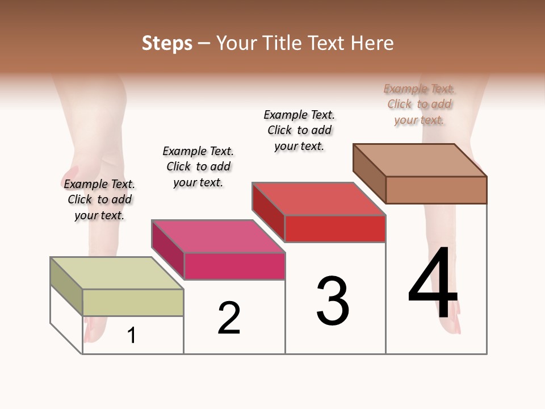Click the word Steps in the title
pos(167,43)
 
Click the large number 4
pos(433,284)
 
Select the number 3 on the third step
pos(332,301)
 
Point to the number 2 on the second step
pos(229,318)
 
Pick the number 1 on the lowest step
pos(132,335)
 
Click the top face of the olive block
pos(117,273)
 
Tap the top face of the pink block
pos(218,236)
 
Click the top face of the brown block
pos(420,160)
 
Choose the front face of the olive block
pos(133,302)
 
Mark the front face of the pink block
pos(234,266)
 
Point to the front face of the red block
pos(335,228)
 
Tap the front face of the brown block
pos(436,190)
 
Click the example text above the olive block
pos(99,199)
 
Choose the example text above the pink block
pos(198,166)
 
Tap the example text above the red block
pos(299,130)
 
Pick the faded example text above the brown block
pos(419,104)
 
